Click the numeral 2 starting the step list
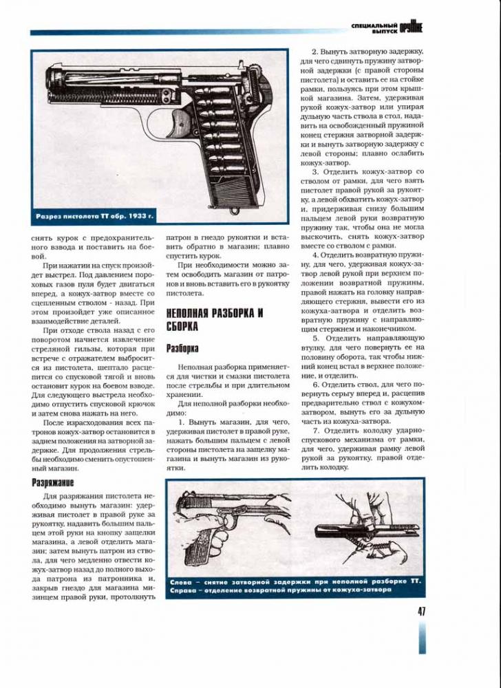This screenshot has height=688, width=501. (x=315, y=52)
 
